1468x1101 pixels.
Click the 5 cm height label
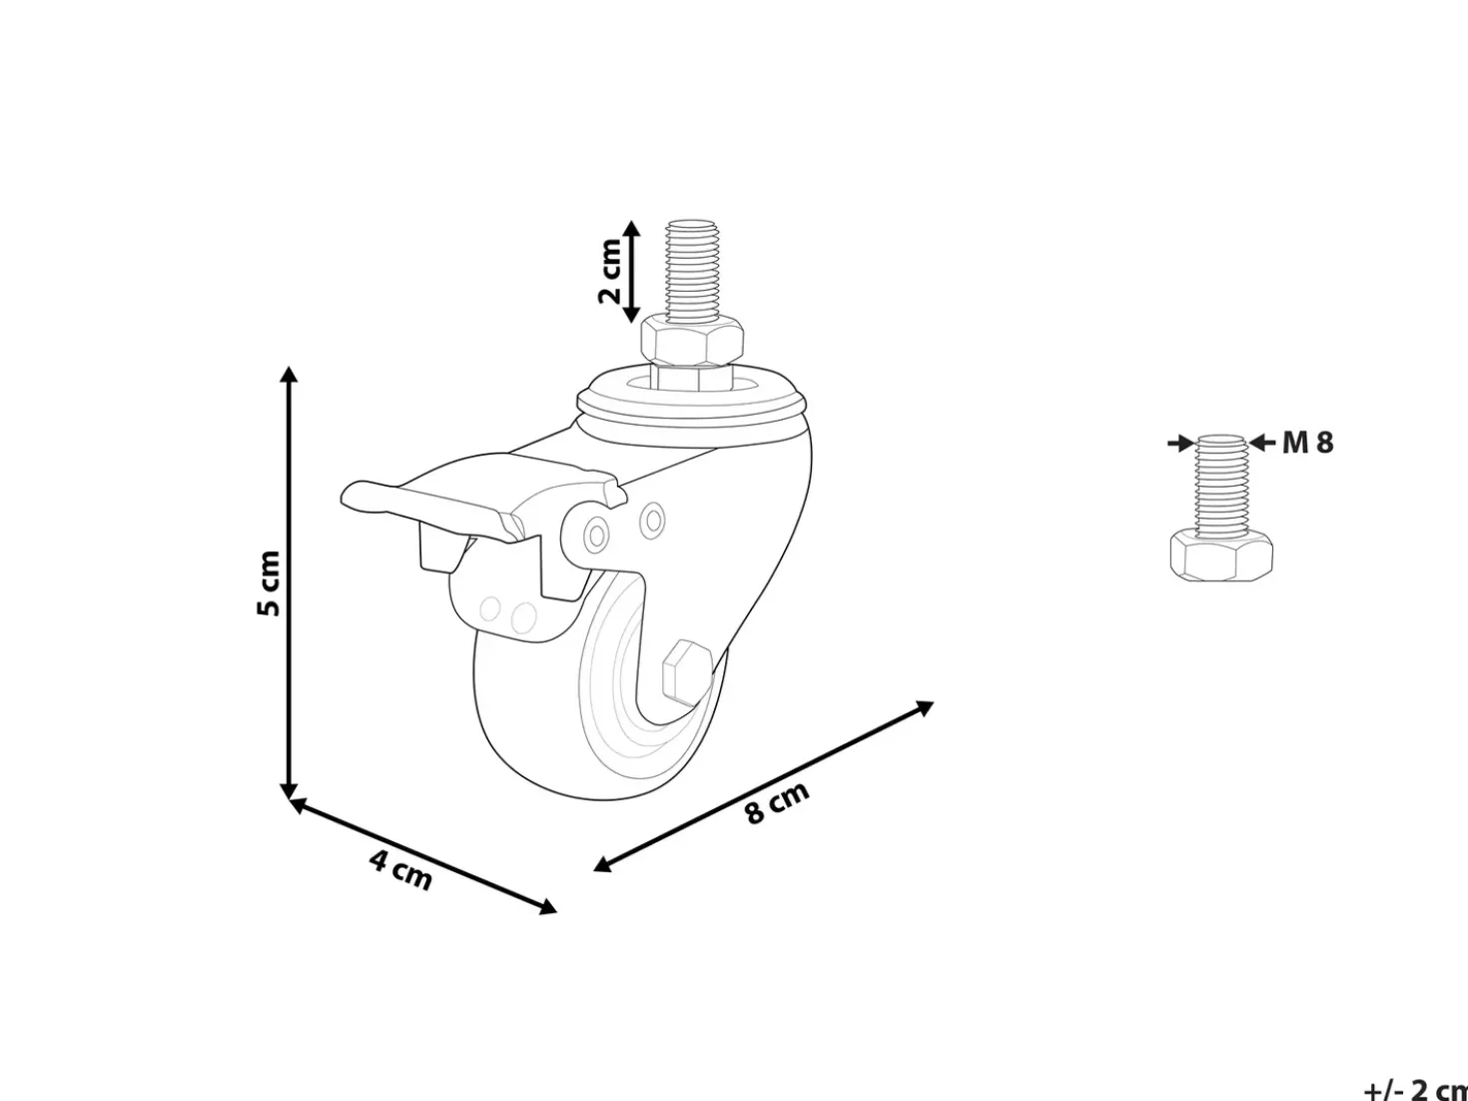pyautogui.click(x=270, y=583)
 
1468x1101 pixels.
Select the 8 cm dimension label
pyautogui.click(x=777, y=802)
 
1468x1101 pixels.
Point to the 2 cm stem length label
pyautogui.click(x=609, y=271)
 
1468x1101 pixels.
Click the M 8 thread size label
pyautogui.click(x=1307, y=443)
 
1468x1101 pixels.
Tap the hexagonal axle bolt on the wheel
pyautogui.click(x=688, y=671)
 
